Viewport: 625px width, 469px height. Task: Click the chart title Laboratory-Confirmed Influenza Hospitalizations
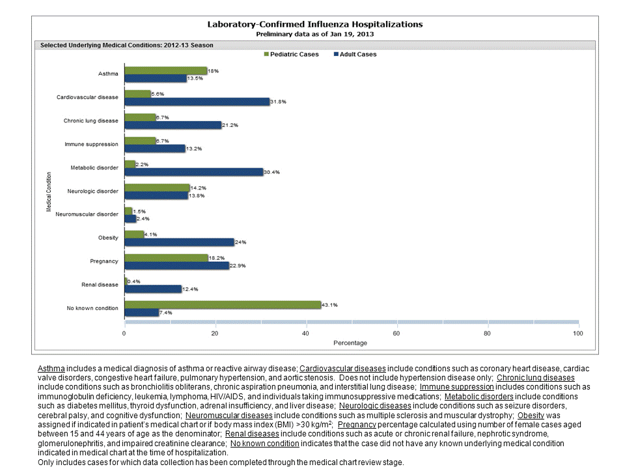coord(314,24)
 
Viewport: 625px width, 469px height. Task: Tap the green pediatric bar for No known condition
coord(223,304)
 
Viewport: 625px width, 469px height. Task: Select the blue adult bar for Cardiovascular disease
coord(197,102)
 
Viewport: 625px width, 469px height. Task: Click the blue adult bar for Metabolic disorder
coord(193,172)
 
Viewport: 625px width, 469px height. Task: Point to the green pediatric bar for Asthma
coord(165,70)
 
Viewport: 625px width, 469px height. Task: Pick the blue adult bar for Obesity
coord(179,242)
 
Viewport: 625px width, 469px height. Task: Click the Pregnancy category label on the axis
coord(105,261)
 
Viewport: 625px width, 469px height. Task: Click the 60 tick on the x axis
coord(396,333)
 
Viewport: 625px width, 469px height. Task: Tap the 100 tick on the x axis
coord(577,333)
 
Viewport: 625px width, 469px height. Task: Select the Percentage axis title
coord(350,343)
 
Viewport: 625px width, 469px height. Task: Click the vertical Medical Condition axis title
coord(49,192)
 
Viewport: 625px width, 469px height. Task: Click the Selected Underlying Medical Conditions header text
coord(127,46)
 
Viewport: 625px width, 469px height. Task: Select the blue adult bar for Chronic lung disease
coord(173,125)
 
